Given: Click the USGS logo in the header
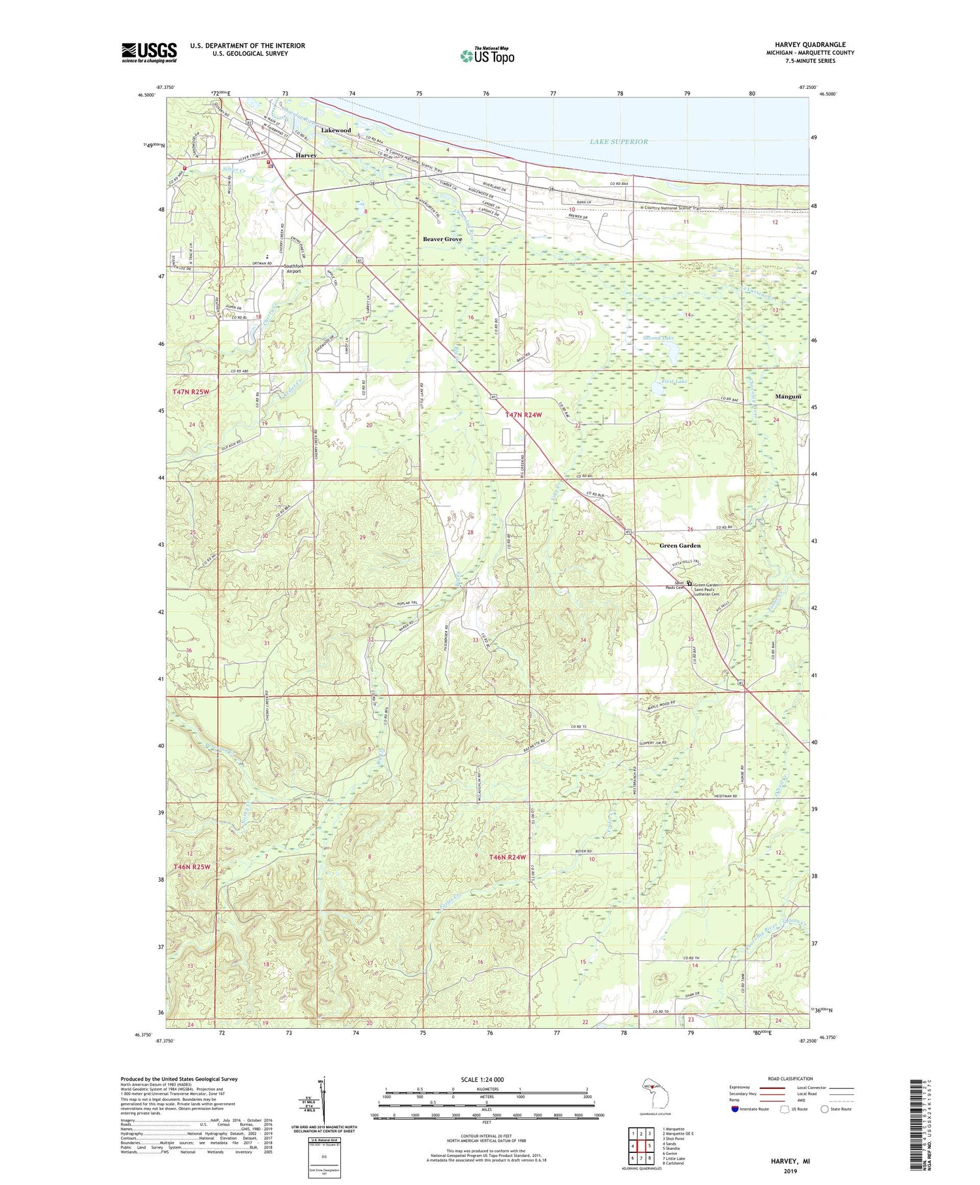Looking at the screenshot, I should (x=149, y=52).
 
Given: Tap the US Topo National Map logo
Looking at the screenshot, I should (x=487, y=56).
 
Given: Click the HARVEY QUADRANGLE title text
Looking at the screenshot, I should (x=810, y=44).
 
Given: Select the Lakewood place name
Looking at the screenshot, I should (x=336, y=130).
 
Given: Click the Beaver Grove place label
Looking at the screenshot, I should (x=442, y=239).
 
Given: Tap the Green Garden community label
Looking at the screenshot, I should (x=679, y=545).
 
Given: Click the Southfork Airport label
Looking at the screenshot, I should (x=293, y=269).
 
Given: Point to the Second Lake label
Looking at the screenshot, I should (x=658, y=339).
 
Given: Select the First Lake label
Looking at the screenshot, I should (x=674, y=381).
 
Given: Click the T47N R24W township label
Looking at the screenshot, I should (x=524, y=415).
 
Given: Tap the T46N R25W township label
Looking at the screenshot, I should (x=192, y=867).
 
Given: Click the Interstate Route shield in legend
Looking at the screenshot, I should (x=735, y=1109).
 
